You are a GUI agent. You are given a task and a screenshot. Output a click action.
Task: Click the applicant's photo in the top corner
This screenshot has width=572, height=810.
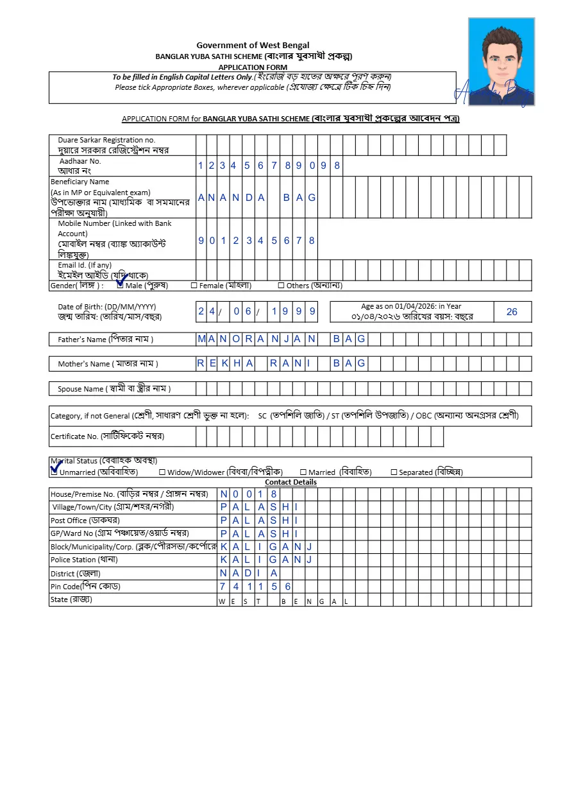tap(501, 62)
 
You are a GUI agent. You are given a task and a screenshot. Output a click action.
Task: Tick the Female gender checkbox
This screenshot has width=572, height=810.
tap(194, 286)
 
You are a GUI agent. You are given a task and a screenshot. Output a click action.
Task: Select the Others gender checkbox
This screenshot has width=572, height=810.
tap(281, 286)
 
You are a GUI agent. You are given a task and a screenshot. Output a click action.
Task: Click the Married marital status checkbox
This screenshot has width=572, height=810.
tap(303, 472)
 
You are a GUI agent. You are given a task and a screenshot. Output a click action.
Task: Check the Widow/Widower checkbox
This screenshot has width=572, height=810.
tap(162, 472)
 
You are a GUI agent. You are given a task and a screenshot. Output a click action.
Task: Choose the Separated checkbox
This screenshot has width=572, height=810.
tap(394, 472)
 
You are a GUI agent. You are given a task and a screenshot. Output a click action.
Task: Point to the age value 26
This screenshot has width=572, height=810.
tap(511, 312)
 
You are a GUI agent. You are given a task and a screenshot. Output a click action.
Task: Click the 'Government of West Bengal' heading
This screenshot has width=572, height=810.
tap(253, 45)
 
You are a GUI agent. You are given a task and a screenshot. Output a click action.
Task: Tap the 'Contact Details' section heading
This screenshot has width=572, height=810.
tap(290, 482)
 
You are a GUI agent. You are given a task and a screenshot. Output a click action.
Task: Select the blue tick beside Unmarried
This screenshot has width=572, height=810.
tap(56, 467)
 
